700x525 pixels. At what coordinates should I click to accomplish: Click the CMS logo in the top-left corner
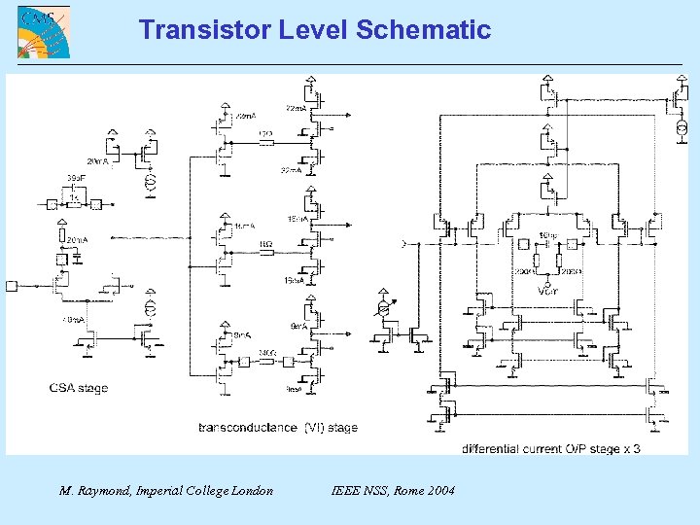click(x=43, y=32)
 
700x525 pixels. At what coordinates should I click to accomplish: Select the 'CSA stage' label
click(x=79, y=388)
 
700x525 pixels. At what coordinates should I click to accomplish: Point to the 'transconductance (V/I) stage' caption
click(x=278, y=427)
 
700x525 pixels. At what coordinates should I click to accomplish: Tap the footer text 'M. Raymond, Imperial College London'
click(x=166, y=491)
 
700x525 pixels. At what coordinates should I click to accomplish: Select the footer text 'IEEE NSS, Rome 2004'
click(x=393, y=491)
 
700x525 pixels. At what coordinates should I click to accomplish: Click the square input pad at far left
click(x=12, y=285)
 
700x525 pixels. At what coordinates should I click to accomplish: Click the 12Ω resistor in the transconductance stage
click(x=265, y=142)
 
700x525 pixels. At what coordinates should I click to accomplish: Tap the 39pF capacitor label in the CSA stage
click(x=74, y=177)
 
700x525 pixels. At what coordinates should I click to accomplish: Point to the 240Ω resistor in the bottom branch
click(x=267, y=361)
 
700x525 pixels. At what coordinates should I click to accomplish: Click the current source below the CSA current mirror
click(x=151, y=308)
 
